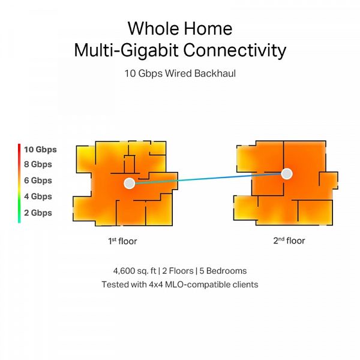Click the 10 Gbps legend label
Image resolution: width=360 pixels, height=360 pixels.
[x=40, y=149]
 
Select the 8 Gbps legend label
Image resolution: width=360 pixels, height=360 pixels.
[x=38, y=164]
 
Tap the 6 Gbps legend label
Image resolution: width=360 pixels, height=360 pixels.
[x=38, y=181]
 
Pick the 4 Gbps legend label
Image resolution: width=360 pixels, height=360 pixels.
[x=38, y=197]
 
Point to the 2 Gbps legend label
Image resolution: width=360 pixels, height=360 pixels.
[x=38, y=213]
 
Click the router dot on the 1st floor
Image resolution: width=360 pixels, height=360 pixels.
[x=129, y=183]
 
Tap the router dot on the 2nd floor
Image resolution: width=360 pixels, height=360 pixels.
[x=287, y=174]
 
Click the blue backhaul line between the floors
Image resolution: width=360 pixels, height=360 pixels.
[x=208, y=179]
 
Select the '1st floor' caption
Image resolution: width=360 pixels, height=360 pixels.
[x=122, y=241]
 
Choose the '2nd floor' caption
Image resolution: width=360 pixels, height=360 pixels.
[x=289, y=241]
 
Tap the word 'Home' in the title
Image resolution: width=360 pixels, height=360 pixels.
[x=208, y=29]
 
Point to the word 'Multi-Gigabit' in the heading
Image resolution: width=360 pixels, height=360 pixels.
[x=126, y=50]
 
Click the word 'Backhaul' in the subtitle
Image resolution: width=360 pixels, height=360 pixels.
[x=215, y=73]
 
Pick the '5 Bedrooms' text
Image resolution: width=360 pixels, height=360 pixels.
[x=223, y=271]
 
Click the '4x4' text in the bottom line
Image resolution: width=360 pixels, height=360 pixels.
[x=156, y=284]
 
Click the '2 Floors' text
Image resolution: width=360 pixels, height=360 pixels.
[x=178, y=271]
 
